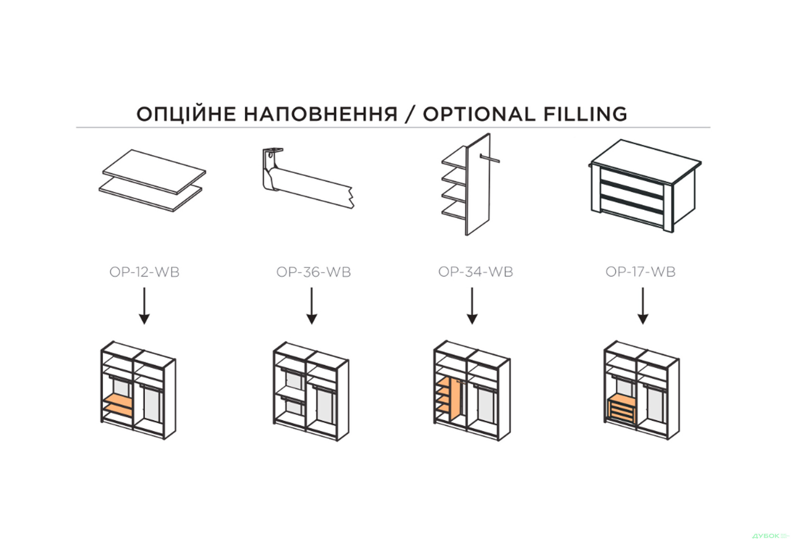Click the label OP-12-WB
click(x=144, y=272)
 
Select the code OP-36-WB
click(x=313, y=272)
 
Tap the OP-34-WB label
click(x=476, y=271)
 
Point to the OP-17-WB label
click(x=640, y=271)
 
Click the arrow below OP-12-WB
click(x=144, y=306)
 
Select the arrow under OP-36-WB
click(x=312, y=306)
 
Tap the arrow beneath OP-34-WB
click(x=472, y=306)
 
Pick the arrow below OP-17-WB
click(x=643, y=306)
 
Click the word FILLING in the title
click(x=585, y=114)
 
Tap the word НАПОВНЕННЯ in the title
click(x=320, y=114)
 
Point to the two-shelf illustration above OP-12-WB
click(x=152, y=181)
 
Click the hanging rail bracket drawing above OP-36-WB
click(x=308, y=178)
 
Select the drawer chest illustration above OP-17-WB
click(x=645, y=186)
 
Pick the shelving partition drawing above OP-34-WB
click(x=470, y=184)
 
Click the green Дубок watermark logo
click(x=770, y=536)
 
